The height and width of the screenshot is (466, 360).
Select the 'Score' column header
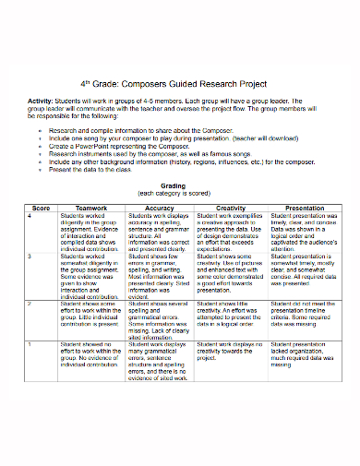(x=41, y=209)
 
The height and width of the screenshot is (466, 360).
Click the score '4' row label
(x=31, y=216)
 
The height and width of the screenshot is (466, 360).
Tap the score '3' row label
(x=31, y=255)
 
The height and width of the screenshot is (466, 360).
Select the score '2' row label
(x=31, y=302)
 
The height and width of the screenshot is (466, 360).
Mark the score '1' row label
(x=31, y=342)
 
